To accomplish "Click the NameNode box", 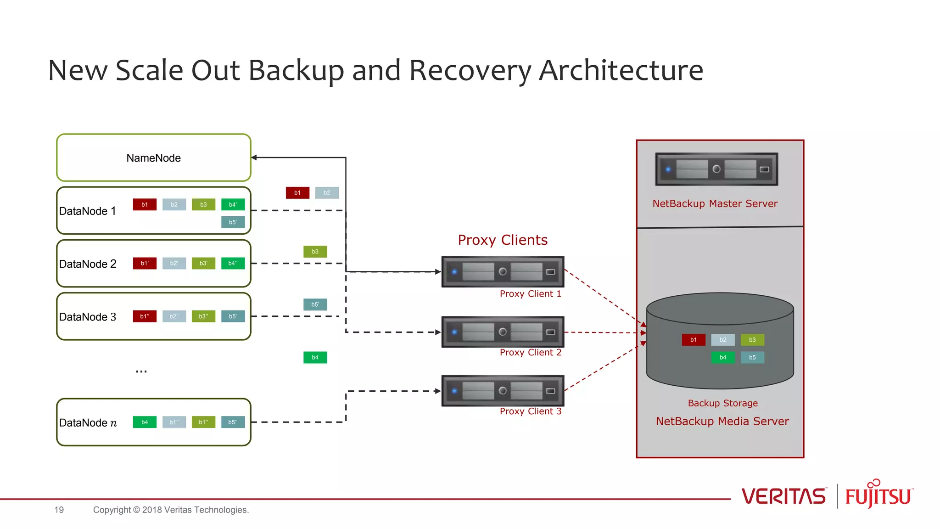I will click(153, 158).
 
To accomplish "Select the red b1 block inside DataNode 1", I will click(145, 204).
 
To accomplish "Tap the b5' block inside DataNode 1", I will click(233, 222).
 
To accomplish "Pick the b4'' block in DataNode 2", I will click(233, 263).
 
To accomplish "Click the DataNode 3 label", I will click(88, 317).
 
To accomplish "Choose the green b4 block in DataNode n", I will click(145, 422).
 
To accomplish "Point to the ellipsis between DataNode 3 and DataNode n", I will click(141, 371).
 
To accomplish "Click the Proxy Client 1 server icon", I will click(503, 271).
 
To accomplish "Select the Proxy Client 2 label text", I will click(531, 352).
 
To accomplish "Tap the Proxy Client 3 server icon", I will click(503, 391).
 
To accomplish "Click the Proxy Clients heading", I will click(503, 240).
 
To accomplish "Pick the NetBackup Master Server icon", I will click(716, 169).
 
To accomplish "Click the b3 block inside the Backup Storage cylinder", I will click(752, 340).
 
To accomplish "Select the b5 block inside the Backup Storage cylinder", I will click(752, 357).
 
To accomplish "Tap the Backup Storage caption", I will click(722, 403).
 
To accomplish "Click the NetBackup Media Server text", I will click(722, 421).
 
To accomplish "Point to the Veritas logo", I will click(783, 496).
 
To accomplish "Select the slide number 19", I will click(59, 510).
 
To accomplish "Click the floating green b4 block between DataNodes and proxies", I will click(315, 357).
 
